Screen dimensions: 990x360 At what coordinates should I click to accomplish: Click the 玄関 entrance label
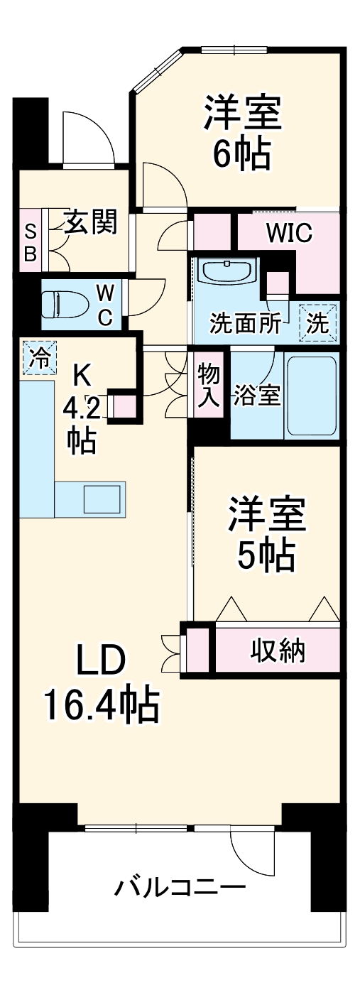[x=89, y=224]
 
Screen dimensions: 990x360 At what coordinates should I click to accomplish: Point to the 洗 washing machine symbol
[x=319, y=323]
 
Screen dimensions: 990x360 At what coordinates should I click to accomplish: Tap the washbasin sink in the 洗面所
[x=226, y=272]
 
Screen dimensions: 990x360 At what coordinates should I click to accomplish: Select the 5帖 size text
[x=266, y=555]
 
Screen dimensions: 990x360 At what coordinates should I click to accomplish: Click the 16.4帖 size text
[x=101, y=705]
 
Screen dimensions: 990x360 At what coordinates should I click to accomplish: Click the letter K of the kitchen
[x=83, y=374]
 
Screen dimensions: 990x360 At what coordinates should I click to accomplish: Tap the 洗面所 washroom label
[x=245, y=325]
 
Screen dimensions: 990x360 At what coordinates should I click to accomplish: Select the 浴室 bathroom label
[x=256, y=395]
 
